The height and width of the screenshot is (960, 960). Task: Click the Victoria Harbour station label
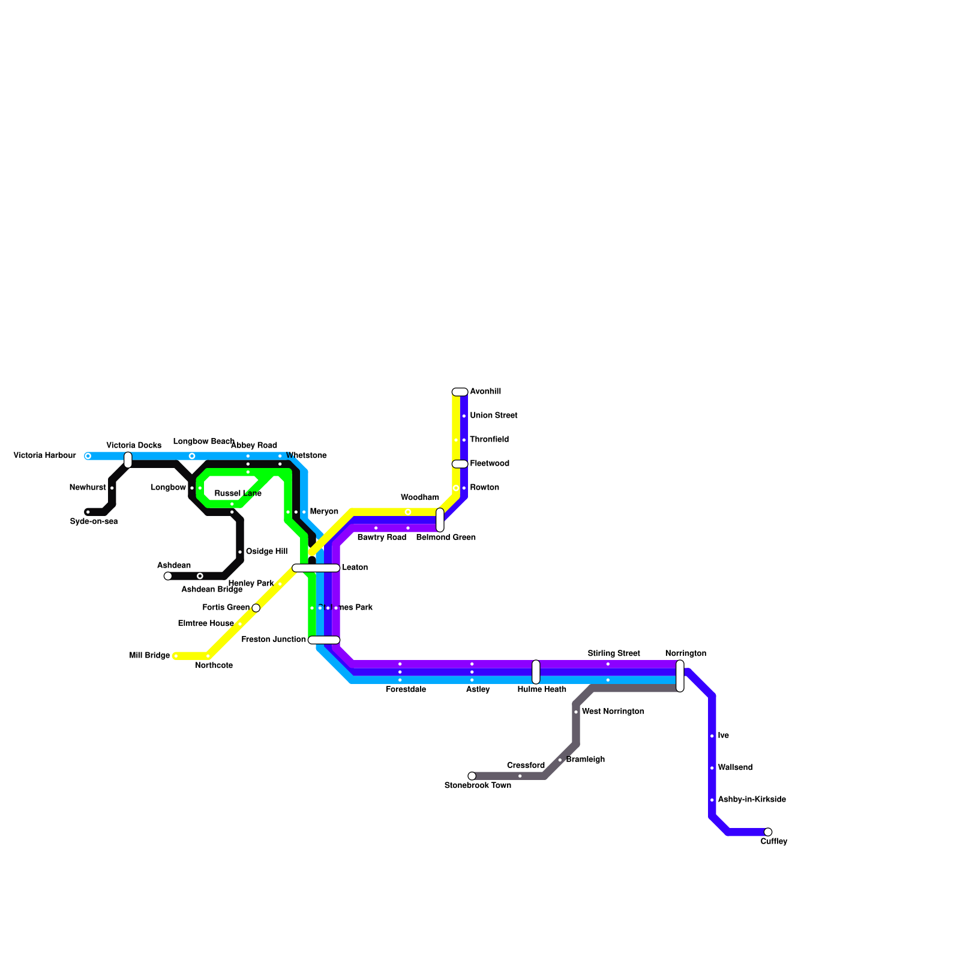[44, 455]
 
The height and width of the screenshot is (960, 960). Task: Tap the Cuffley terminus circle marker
[768, 832]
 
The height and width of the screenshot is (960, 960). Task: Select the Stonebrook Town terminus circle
[472, 776]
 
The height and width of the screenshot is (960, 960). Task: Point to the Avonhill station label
[485, 392]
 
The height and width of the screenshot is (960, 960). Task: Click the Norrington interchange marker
[680, 676]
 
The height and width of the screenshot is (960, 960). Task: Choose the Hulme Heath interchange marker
[536, 672]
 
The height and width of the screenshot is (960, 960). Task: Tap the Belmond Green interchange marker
[440, 520]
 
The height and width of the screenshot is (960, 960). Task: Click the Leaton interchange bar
[316, 568]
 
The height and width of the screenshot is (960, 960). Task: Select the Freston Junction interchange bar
[324, 640]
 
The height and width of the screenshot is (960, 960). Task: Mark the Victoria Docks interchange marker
[128, 460]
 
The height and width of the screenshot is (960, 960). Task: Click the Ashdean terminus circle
[168, 576]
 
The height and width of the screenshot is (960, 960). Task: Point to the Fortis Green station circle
[256, 608]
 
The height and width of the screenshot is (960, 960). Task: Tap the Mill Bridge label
[149, 656]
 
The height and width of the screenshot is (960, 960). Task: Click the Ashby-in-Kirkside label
[752, 800]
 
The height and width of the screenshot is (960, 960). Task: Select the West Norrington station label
[613, 712]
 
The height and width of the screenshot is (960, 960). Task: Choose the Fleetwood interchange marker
[460, 464]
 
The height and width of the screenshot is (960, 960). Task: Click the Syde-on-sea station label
[94, 521]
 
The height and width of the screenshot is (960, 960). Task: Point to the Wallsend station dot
[712, 768]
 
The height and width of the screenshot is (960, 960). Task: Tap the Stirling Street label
[614, 653]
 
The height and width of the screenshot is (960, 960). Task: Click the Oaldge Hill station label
[266, 551]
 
